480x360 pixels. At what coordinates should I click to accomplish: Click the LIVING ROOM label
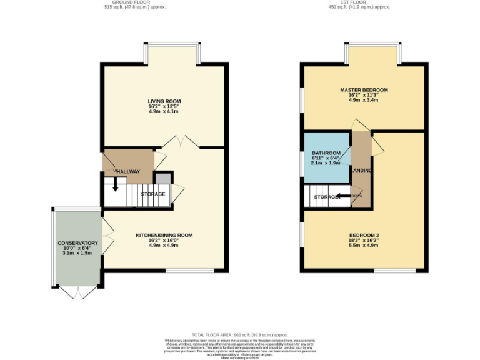pyautogui.click(x=164, y=101)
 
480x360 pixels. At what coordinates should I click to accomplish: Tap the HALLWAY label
pyautogui.click(x=128, y=172)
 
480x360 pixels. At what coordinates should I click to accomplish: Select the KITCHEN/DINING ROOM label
pyautogui.click(x=164, y=236)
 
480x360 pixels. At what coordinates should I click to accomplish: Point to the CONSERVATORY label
pyautogui.click(x=78, y=243)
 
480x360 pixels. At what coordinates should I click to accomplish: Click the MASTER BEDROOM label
pyautogui.click(x=364, y=90)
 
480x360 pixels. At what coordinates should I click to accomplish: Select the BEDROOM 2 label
pyautogui.click(x=364, y=236)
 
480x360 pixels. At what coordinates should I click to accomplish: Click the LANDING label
pyautogui.click(x=362, y=170)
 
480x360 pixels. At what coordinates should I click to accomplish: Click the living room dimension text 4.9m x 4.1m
pyautogui.click(x=164, y=112)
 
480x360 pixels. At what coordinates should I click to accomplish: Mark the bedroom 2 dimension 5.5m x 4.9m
pyautogui.click(x=364, y=246)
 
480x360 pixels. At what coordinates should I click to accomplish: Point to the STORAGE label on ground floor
pyautogui.click(x=153, y=194)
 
